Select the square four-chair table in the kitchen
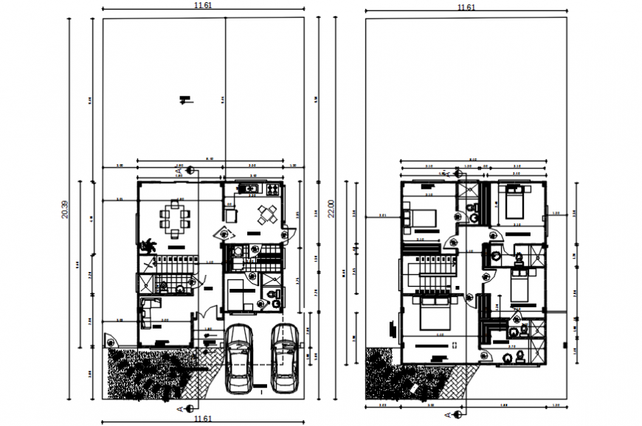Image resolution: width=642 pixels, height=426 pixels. (266, 215)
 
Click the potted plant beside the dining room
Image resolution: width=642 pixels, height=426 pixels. (148, 245)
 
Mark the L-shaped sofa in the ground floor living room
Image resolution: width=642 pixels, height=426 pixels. (148, 312)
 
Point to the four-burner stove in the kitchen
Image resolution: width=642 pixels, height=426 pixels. (273, 189)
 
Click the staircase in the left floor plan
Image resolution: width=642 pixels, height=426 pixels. (170, 273)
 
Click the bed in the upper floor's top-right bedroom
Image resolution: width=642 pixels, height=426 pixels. (515, 200)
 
